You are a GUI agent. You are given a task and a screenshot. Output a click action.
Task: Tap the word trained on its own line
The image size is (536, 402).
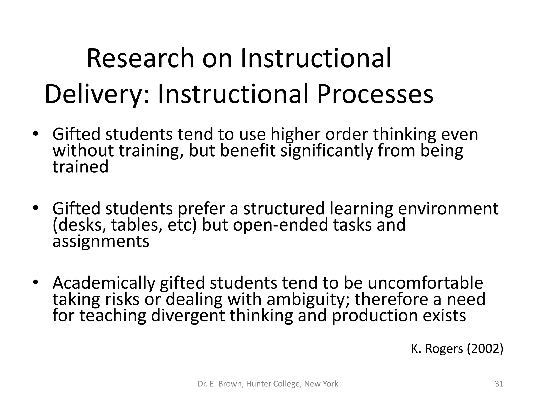80,167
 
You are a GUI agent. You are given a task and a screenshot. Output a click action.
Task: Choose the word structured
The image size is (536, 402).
284,209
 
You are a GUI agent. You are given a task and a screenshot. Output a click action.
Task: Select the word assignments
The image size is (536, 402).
101,241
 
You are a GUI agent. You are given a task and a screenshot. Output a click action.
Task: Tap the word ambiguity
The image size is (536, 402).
308,299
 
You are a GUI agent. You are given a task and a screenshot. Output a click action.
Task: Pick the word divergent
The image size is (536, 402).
188,316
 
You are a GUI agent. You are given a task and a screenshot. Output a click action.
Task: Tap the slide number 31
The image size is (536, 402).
499,384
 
